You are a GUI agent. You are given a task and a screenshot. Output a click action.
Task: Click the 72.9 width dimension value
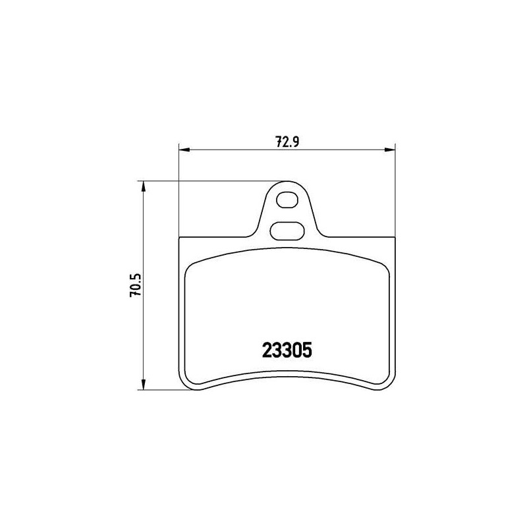287,142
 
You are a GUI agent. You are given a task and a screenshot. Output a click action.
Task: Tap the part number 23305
287,350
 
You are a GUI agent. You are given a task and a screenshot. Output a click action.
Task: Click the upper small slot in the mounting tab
287,200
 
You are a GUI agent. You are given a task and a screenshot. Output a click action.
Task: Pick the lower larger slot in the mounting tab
287,231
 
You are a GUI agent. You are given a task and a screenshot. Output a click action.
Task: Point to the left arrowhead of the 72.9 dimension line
184,150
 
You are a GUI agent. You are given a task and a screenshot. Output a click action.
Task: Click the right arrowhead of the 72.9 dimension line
390,150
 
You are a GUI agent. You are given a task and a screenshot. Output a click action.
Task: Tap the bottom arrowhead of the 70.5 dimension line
144,385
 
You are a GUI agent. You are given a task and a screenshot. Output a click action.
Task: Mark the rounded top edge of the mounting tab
287,182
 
